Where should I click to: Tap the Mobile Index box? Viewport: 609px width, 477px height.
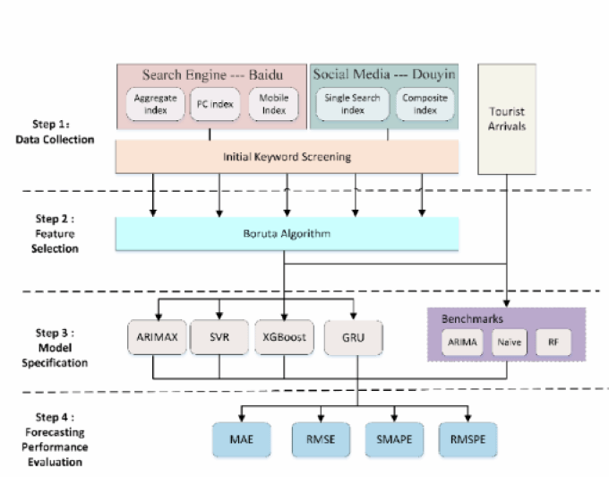274,103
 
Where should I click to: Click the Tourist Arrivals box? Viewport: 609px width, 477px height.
508,117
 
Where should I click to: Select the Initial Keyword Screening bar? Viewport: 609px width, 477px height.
287,157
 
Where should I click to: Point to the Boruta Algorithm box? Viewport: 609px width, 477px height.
287,233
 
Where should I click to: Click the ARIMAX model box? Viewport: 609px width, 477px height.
155,336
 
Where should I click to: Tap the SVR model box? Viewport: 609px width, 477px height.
218,336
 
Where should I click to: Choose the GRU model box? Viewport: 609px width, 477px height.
356,336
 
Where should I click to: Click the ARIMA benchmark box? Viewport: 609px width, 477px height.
461,341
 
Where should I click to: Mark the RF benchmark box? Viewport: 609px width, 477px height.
553,341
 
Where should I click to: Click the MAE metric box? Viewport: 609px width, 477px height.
241,439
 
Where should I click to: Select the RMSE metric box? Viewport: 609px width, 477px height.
318,439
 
